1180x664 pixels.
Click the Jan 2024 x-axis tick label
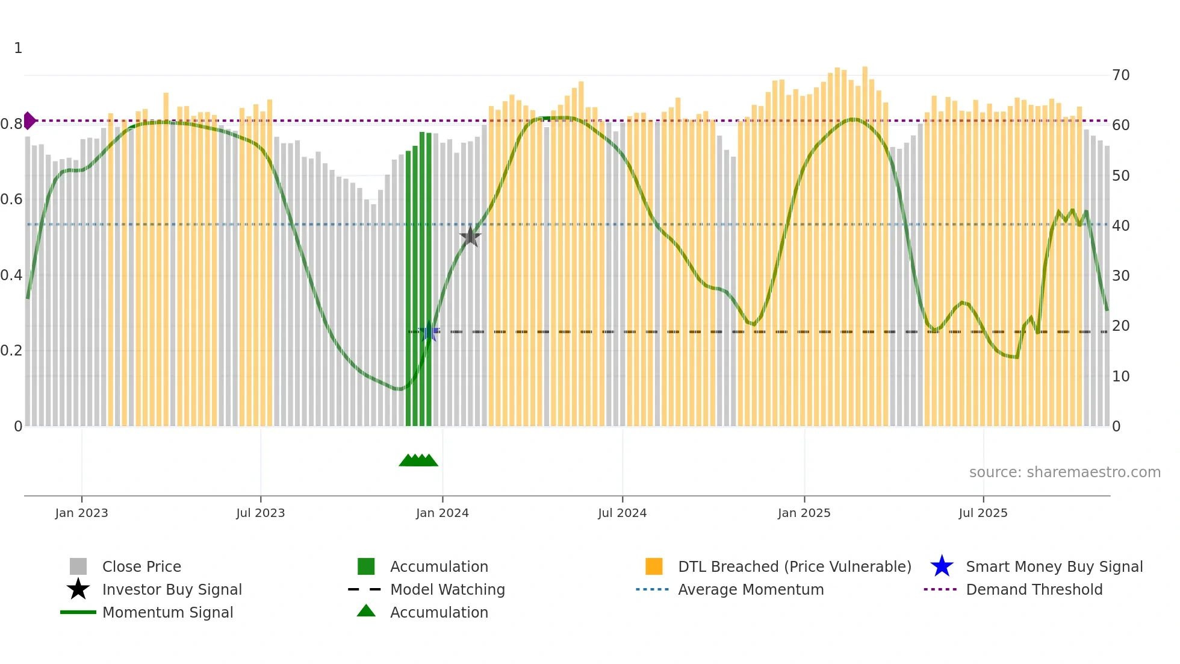[442, 513]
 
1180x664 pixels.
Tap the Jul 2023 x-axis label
[260, 513]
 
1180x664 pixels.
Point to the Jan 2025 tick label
[804, 513]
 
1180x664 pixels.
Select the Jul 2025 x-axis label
[983, 513]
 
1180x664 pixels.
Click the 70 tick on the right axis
[1121, 75]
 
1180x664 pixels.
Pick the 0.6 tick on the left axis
[11, 199]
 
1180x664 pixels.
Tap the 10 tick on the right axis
[1121, 377]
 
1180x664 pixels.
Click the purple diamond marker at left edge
[29, 121]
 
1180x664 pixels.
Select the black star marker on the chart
[470, 236]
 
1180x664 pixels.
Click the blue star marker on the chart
[429, 331]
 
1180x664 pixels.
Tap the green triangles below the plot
[418, 460]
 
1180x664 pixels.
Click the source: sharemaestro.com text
[1064, 472]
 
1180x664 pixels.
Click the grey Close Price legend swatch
[78, 566]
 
